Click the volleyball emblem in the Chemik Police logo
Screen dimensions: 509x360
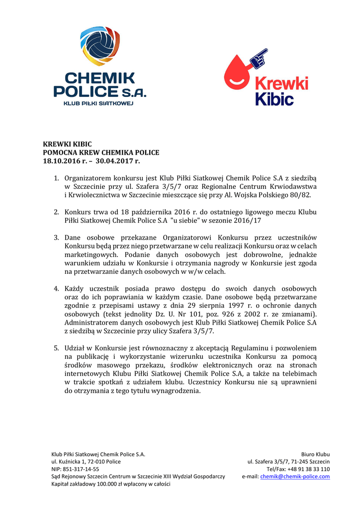point(100,46)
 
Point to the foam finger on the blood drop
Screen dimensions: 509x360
point(259,58)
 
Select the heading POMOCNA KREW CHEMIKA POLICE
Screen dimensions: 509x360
point(101,153)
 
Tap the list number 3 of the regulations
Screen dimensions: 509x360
point(56,238)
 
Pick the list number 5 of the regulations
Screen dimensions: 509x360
point(56,348)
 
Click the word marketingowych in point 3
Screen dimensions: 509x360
point(91,254)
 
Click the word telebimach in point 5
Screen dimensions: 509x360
point(296,373)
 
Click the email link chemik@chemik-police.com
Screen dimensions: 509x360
point(295,476)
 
